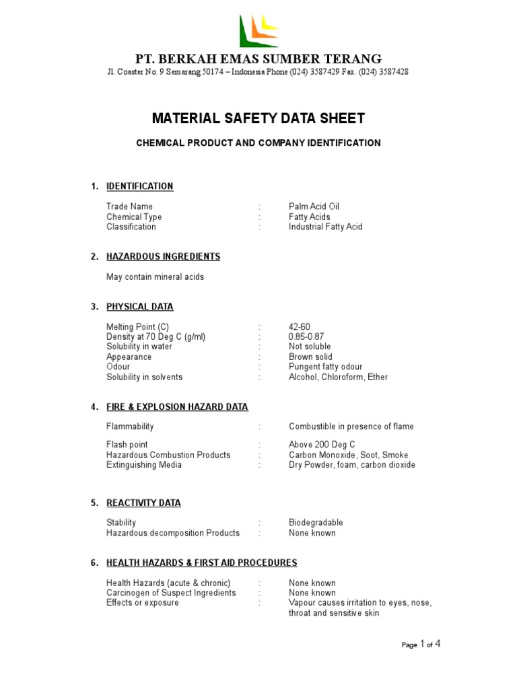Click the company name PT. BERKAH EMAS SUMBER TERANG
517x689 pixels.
pyautogui.click(x=258, y=59)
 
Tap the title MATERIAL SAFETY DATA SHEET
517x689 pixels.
pyautogui.click(x=258, y=119)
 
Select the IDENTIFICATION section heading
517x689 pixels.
pyautogui.click(x=139, y=186)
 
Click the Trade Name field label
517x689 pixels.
pyautogui.click(x=129, y=207)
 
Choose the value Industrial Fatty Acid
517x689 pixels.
pyautogui.click(x=325, y=227)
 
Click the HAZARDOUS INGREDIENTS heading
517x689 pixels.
pyautogui.click(x=163, y=256)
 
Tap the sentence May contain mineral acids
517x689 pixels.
pyautogui.click(x=155, y=277)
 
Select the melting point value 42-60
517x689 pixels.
pyautogui.click(x=300, y=327)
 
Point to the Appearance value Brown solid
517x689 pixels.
pyautogui.click(x=310, y=357)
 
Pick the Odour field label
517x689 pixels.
pyautogui.click(x=118, y=367)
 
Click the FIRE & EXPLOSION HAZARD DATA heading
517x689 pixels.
pyautogui.click(x=177, y=407)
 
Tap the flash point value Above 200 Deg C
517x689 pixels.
pyautogui.click(x=322, y=445)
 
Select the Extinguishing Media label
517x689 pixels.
pyautogui.click(x=143, y=465)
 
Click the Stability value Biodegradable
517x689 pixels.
pyautogui.click(x=316, y=523)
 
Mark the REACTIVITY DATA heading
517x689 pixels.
pyautogui.click(x=143, y=503)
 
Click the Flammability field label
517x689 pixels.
pyautogui.click(x=130, y=427)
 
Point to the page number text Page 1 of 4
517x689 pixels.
pyautogui.click(x=421, y=645)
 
